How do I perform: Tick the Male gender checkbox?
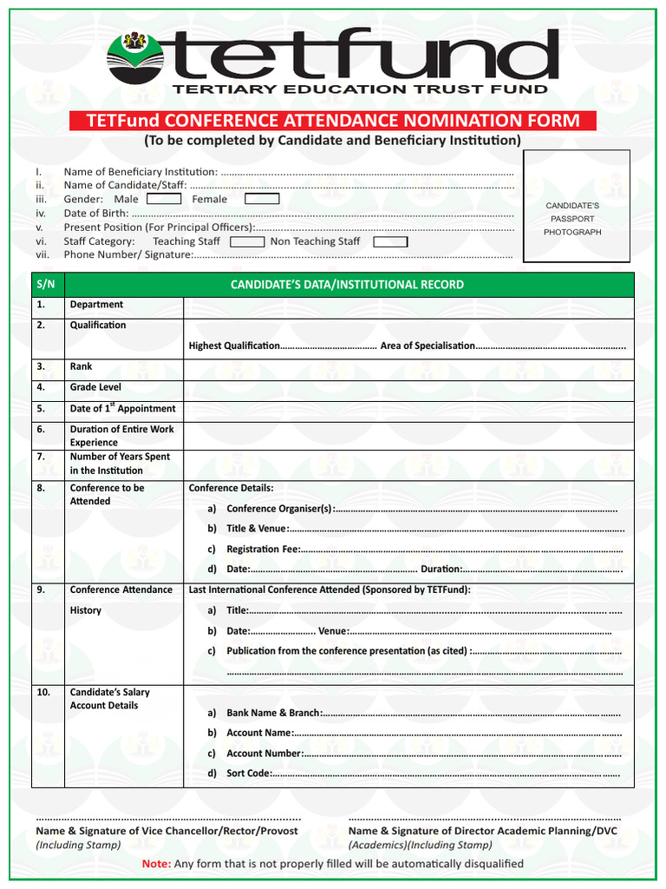(164, 199)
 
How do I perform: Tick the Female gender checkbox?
(262, 199)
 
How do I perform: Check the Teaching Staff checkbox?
(247, 241)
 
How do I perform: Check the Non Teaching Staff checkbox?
(390, 241)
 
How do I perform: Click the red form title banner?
(332, 121)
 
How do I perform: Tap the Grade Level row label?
(95, 387)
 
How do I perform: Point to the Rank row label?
(81, 366)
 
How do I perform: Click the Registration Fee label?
(263, 549)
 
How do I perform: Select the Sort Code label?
(249, 773)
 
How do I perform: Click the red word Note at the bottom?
(156, 864)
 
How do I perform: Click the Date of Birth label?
(96, 213)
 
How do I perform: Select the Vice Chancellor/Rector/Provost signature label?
(166, 831)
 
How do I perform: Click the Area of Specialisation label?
(428, 346)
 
